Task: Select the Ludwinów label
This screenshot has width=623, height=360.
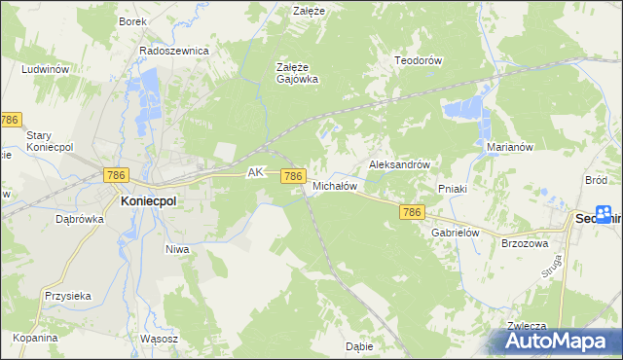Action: (44, 70)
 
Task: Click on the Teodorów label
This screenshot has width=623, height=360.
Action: (419, 60)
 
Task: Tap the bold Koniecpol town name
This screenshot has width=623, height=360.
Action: (148, 199)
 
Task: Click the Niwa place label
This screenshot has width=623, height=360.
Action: (176, 249)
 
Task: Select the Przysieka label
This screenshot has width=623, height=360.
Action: (67, 296)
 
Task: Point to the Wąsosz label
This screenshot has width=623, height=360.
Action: (159, 339)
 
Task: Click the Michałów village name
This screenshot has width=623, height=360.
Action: (336, 185)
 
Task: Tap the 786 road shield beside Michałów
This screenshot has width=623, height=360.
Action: (293, 176)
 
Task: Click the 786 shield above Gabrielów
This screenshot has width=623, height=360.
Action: (411, 212)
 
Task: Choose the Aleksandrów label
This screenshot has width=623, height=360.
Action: (399, 165)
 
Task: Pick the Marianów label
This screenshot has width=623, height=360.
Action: (507, 148)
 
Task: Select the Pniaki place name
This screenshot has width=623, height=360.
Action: (454, 189)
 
